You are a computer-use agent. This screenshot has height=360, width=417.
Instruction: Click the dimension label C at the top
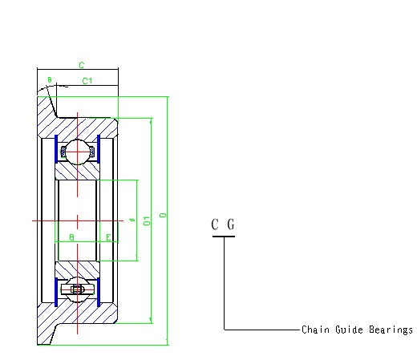pyautogui.click(x=81, y=64)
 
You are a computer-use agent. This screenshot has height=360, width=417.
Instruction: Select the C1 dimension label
pyautogui.click(x=88, y=81)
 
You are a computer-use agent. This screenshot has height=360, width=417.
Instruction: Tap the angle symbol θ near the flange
pyautogui.click(x=49, y=80)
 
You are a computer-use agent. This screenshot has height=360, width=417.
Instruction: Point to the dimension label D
pyautogui.click(x=163, y=216)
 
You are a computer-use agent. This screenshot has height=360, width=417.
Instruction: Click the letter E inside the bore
pyautogui.click(x=108, y=238)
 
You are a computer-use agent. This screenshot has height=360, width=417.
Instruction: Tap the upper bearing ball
pyautogui.click(x=77, y=149)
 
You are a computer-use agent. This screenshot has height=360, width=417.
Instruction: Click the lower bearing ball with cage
pyautogui.click(x=77, y=289)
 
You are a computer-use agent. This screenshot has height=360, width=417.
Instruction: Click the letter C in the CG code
pyautogui.click(x=215, y=224)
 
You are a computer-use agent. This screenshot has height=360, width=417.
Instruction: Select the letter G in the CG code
pyautogui.click(x=231, y=224)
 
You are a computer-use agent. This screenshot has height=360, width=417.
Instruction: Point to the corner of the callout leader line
pyautogui.click(x=224, y=329)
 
